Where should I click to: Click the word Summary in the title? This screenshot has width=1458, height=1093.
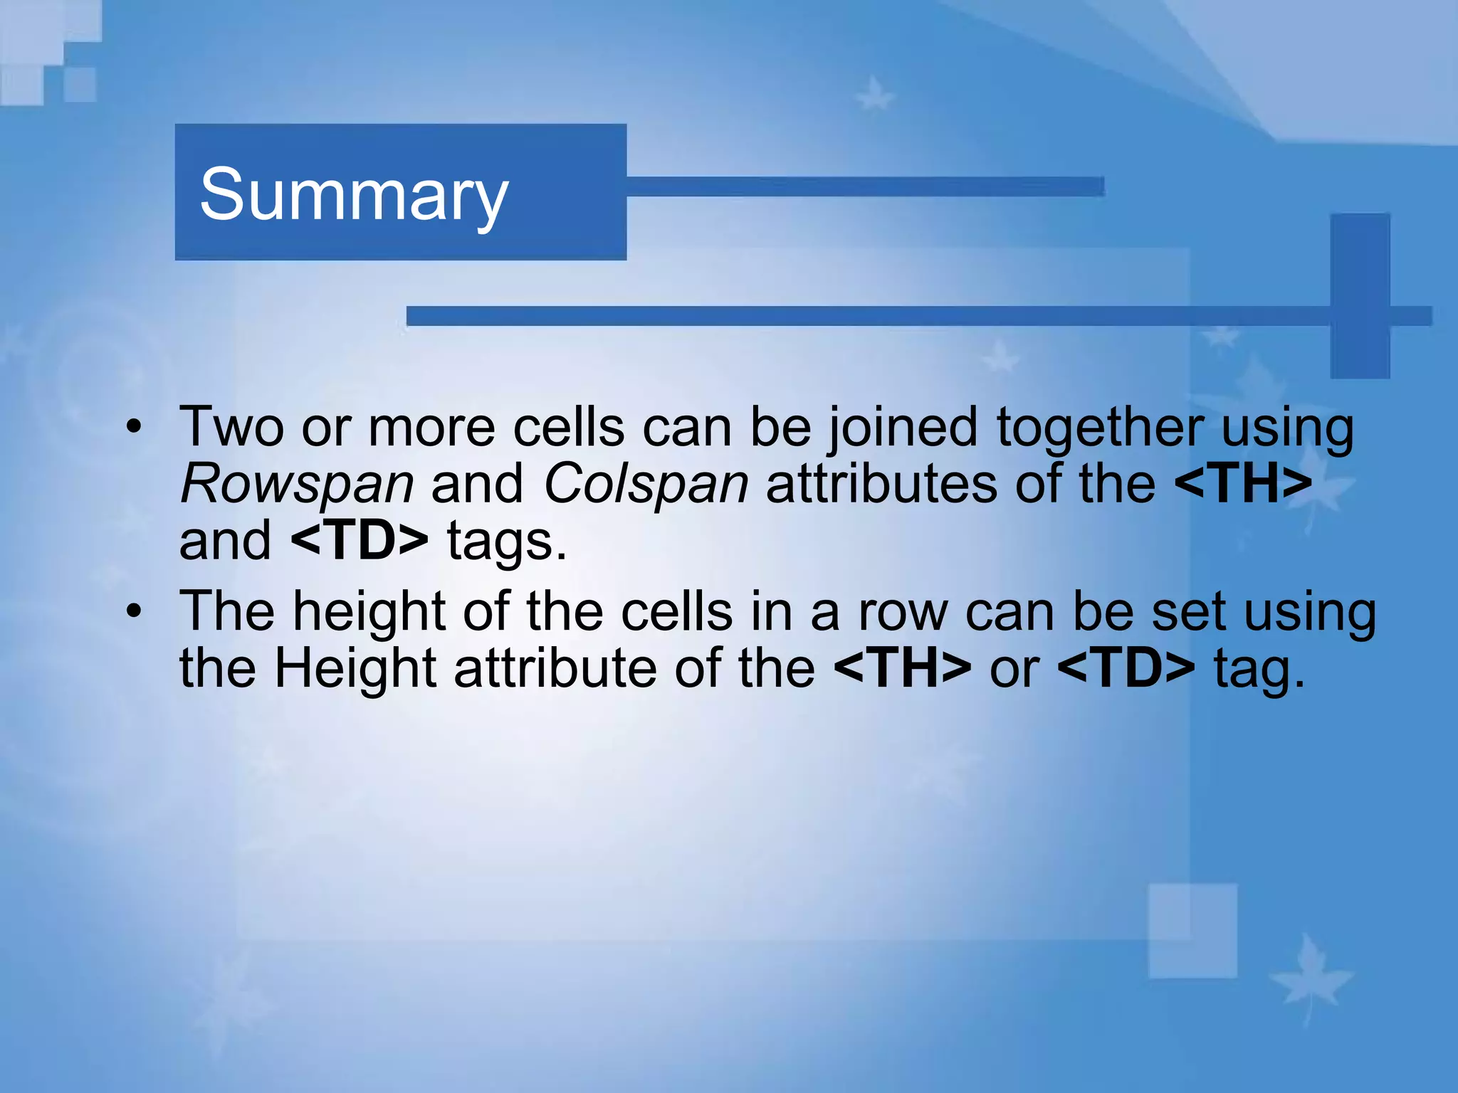(x=354, y=194)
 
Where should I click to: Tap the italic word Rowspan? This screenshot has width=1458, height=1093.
(x=297, y=485)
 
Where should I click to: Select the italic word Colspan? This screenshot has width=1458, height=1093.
(x=646, y=485)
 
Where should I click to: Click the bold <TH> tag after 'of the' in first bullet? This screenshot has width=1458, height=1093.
(x=1243, y=485)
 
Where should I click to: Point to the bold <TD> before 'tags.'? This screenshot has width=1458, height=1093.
(x=360, y=541)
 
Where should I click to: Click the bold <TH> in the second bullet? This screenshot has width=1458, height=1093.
(x=902, y=668)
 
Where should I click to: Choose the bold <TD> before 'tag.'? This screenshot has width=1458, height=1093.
(x=1126, y=668)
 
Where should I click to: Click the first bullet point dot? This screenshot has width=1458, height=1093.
(x=133, y=428)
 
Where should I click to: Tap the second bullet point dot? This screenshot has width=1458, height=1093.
(x=133, y=611)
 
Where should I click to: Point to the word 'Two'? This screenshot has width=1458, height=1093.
(x=231, y=428)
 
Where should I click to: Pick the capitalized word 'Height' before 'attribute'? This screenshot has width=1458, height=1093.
(x=355, y=670)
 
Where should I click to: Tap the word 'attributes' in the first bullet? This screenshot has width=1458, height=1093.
(x=881, y=485)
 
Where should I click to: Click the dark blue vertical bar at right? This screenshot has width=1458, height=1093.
(x=1360, y=295)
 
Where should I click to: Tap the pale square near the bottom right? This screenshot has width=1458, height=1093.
(x=1192, y=931)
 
